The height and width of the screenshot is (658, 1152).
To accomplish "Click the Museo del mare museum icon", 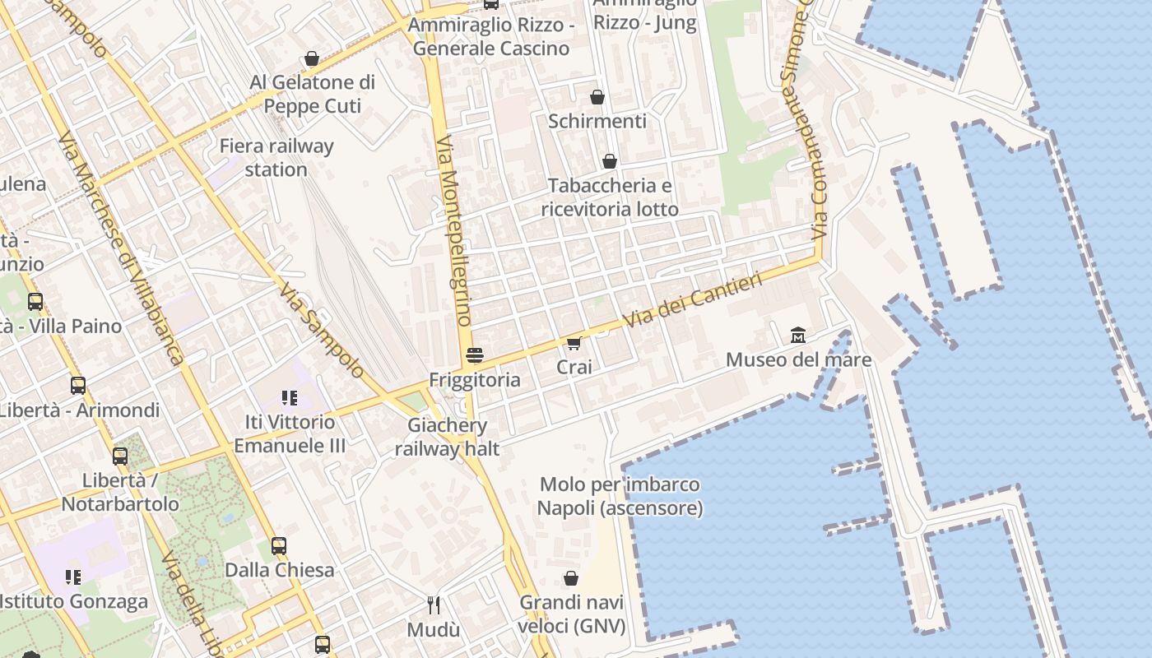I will tap(797, 335).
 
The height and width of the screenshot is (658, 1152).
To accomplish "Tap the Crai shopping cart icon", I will tap(574, 343).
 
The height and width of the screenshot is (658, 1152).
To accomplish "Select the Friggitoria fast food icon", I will tap(475, 355).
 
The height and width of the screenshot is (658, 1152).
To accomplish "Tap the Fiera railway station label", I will tap(276, 158).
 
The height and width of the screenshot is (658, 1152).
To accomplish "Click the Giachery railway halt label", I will tap(447, 437).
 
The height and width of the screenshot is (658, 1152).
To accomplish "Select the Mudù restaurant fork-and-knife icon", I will tap(434, 605).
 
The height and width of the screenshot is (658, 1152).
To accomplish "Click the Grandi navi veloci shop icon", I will tap(571, 578).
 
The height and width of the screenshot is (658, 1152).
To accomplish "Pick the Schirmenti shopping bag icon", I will tap(597, 97).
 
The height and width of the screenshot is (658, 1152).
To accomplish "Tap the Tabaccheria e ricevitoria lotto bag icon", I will tap(610, 161).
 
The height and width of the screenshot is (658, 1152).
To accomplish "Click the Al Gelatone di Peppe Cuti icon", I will tap(312, 58).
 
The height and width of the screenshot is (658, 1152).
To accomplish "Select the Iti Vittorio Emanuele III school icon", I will tap(289, 398).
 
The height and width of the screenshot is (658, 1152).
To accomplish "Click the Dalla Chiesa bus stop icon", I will tap(279, 545).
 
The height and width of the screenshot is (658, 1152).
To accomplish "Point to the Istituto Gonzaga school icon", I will tap(72, 577).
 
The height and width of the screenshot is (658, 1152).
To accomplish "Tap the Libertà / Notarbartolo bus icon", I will tap(120, 456).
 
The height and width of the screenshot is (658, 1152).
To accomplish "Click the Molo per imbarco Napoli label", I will tap(620, 496).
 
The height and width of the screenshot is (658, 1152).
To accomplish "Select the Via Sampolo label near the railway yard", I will tap(321, 331).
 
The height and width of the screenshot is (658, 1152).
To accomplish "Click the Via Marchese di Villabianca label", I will tap(121, 247).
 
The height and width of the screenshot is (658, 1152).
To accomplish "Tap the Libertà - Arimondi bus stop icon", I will tap(78, 385).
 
